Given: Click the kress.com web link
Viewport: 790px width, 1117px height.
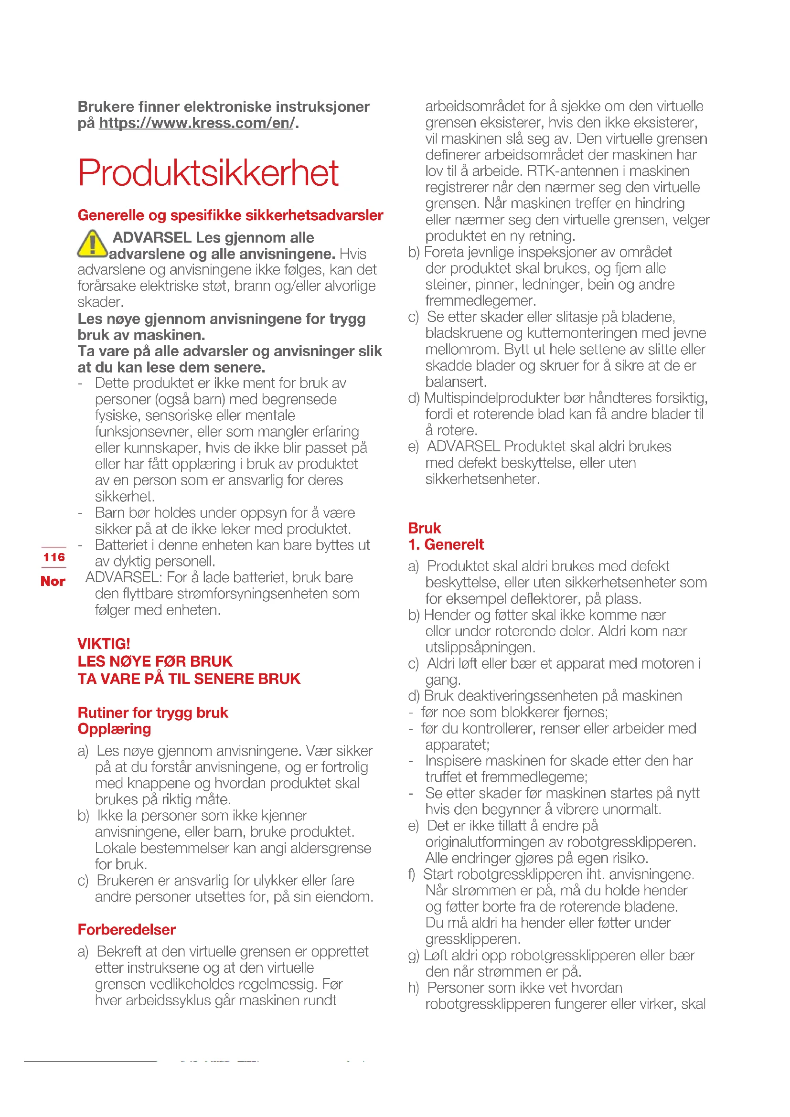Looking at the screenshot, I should (197, 123).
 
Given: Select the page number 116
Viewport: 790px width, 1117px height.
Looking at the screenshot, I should (53, 557).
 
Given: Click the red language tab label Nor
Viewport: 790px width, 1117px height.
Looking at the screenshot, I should (53, 581).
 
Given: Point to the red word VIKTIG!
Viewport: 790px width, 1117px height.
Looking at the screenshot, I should (104, 644).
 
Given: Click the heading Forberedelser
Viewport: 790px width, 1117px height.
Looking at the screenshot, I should (127, 929).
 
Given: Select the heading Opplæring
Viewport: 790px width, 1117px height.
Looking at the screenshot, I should (114, 729).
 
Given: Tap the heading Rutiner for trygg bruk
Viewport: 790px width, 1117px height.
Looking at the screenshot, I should (153, 713).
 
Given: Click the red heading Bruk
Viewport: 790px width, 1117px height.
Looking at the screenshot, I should (424, 528).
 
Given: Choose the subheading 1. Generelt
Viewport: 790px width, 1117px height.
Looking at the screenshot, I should (446, 544).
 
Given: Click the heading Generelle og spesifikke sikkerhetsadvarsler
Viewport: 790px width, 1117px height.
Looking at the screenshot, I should (230, 215).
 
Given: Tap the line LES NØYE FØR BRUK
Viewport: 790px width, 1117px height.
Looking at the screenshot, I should (155, 661).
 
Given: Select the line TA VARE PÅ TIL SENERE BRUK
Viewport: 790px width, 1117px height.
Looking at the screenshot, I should (189, 679).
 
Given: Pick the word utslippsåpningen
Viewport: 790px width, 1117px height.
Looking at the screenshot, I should (480, 648).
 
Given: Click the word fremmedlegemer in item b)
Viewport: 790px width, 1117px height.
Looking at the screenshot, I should (480, 301).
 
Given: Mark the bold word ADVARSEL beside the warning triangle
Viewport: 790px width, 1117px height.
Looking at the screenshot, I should (152, 237).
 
